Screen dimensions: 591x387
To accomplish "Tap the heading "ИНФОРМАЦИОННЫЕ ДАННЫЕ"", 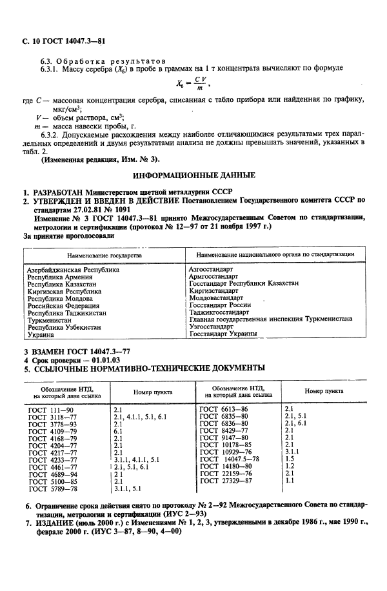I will point(193,175).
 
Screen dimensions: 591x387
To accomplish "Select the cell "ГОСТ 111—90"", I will point(51,409).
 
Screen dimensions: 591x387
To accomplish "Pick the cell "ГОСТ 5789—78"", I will point(53,488).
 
